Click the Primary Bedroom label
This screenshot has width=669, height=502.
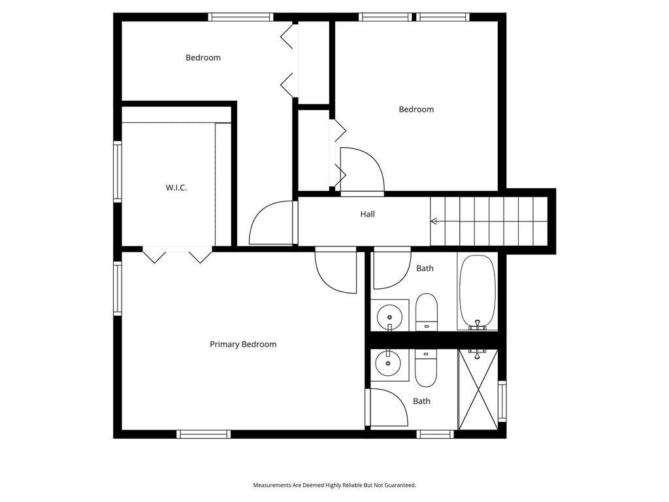tap(243, 344)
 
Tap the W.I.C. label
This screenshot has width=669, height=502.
tap(176, 188)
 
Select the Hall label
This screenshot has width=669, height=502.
tap(367, 214)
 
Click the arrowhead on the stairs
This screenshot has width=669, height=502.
tap(434, 221)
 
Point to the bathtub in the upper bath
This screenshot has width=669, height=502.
tap(478, 292)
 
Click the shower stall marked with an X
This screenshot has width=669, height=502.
tap(478, 390)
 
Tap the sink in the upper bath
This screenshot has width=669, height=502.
tap(389, 316)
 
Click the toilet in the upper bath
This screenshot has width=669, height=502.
tap(427, 312)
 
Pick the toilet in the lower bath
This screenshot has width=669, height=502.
tap(426, 368)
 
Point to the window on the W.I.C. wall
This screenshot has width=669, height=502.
tap(118, 171)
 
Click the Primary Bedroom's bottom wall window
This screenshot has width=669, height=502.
tap(204, 434)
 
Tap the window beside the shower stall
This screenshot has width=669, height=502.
tap(502, 401)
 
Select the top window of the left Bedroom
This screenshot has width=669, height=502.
tap(240, 17)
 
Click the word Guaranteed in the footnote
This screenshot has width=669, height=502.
tap(400, 485)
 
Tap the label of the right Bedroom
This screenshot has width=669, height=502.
tap(416, 109)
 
